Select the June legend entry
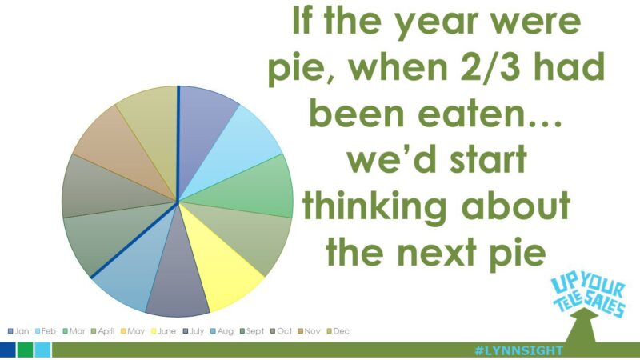tap(166, 331)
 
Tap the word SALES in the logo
tap(604, 305)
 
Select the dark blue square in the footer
tap(7, 350)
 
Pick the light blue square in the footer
tap(42, 350)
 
